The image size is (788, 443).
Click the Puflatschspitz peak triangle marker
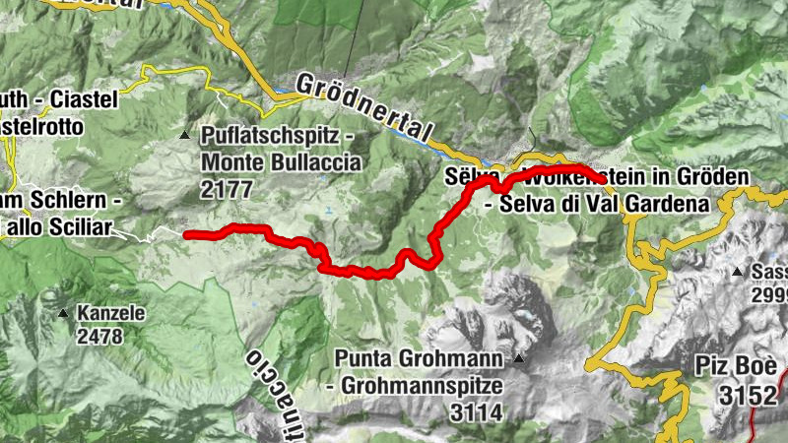(x=185, y=135)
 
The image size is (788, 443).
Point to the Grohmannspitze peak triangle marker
(x=519, y=358)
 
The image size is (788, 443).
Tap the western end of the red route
(x=187, y=234)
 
